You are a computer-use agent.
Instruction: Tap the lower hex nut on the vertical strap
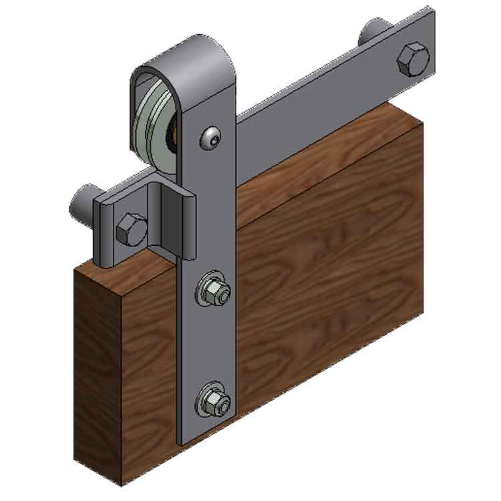(x=213, y=401)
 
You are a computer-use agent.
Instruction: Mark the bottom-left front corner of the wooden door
(x=120, y=482)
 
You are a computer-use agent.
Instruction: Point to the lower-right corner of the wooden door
(x=423, y=311)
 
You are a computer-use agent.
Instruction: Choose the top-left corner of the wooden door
(x=75, y=269)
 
